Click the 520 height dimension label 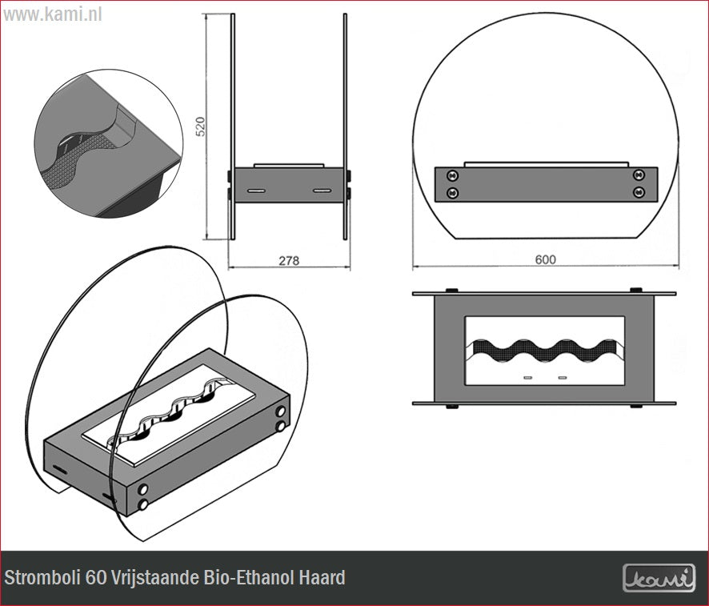coord(200,126)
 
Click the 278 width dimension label coord(289,261)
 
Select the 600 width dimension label coord(545,259)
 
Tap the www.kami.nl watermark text coord(53,14)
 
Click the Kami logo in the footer coord(659,578)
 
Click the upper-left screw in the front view coord(453,175)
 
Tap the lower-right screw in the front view coord(639,192)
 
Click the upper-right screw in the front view coord(639,174)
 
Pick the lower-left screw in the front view coord(453,193)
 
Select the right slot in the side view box coord(322,191)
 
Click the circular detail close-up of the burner coord(109,144)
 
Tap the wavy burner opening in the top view coord(546,351)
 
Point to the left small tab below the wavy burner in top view coord(527,377)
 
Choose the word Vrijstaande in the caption coord(155,577)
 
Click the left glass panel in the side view coord(232,126)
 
